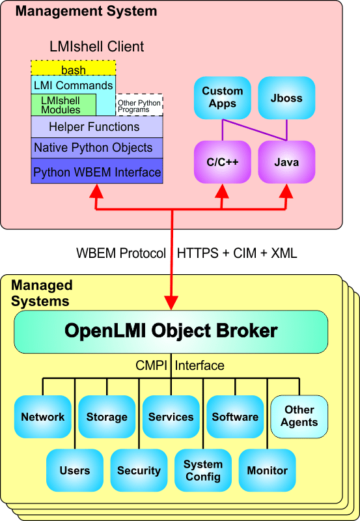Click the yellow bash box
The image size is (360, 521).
(x=73, y=68)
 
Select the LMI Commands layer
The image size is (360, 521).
(x=73, y=85)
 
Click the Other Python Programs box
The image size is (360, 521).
(x=139, y=106)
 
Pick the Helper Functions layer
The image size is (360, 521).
(x=96, y=126)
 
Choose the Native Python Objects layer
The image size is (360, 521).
(x=96, y=148)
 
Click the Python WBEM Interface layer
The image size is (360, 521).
(x=96, y=172)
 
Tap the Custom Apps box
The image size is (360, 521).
(x=222, y=98)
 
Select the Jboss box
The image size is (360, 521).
(x=286, y=98)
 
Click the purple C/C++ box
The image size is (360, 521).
(x=222, y=161)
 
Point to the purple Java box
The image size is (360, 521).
(x=286, y=161)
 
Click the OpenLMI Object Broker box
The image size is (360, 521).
(x=171, y=331)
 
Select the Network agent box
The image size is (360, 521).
(x=42, y=417)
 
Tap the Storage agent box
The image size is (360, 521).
(x=106, y=417)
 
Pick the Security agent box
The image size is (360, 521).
(x=138, y=470)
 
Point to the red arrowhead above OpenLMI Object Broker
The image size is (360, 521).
(x=171, y=302)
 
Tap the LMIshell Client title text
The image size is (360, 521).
(x=96, y=47)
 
